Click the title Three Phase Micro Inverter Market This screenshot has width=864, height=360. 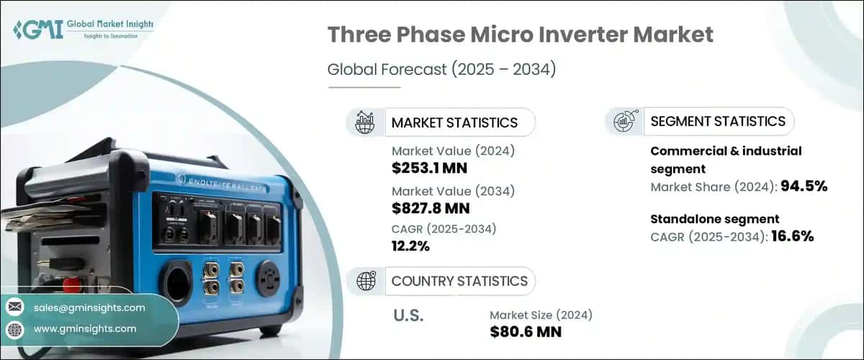pos(521,35)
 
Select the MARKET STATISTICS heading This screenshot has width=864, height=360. pos(454,122)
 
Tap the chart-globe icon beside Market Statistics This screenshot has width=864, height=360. pos(364,122)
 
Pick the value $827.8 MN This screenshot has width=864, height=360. pos(431,209)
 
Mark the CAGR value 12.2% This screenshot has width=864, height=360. pos(410,247)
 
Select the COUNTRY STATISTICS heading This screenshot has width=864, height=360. pos(459,281)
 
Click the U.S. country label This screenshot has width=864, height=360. pos(408,315)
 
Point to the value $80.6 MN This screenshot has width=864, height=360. pos(526,332)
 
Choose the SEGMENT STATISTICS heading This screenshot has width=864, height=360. pos(717,122)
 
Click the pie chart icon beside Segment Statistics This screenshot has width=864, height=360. pos(623,122)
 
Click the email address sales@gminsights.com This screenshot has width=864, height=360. pos(89,307)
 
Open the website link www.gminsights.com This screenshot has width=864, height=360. pos(84,328)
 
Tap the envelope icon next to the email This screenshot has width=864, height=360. pos(14,307)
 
